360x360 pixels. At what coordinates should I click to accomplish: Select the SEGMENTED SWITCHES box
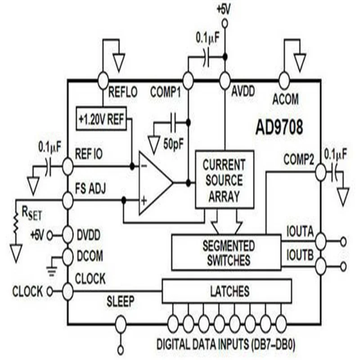pos(226,252)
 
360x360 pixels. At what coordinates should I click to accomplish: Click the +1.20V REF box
pos(102,119)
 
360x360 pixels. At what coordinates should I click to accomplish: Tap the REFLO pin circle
pos(103,81)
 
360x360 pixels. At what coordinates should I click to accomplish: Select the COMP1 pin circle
pos(188,81)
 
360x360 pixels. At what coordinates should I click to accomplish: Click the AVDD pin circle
pos(225,81)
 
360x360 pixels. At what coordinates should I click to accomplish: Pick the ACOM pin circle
pos(283,81)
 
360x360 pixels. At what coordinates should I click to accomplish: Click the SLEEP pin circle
pos(120,323)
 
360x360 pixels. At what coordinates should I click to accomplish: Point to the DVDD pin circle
pos(67,234)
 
